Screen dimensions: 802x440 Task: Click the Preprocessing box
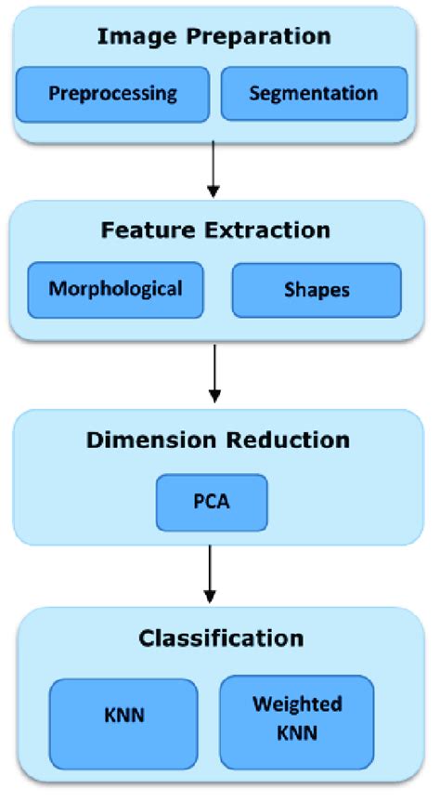(112, 94)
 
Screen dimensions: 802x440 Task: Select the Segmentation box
(314, 94)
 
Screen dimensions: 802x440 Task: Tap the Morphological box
(115, 288)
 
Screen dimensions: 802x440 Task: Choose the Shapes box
(317, 290)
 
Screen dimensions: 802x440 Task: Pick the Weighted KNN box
(297, 718)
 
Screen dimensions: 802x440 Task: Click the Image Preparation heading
(214, 37)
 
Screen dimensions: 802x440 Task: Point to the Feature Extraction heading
(215, 230)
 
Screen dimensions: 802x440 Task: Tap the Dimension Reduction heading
(218, 440)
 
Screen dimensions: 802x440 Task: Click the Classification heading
(221, 638)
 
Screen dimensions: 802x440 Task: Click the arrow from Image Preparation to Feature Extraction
(214, 170)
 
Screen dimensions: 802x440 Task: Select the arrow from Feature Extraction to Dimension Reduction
(214, 373)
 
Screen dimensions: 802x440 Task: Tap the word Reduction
(290, 440)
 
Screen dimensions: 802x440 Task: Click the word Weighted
(297, 703)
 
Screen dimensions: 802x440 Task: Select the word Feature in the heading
(148, 230)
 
